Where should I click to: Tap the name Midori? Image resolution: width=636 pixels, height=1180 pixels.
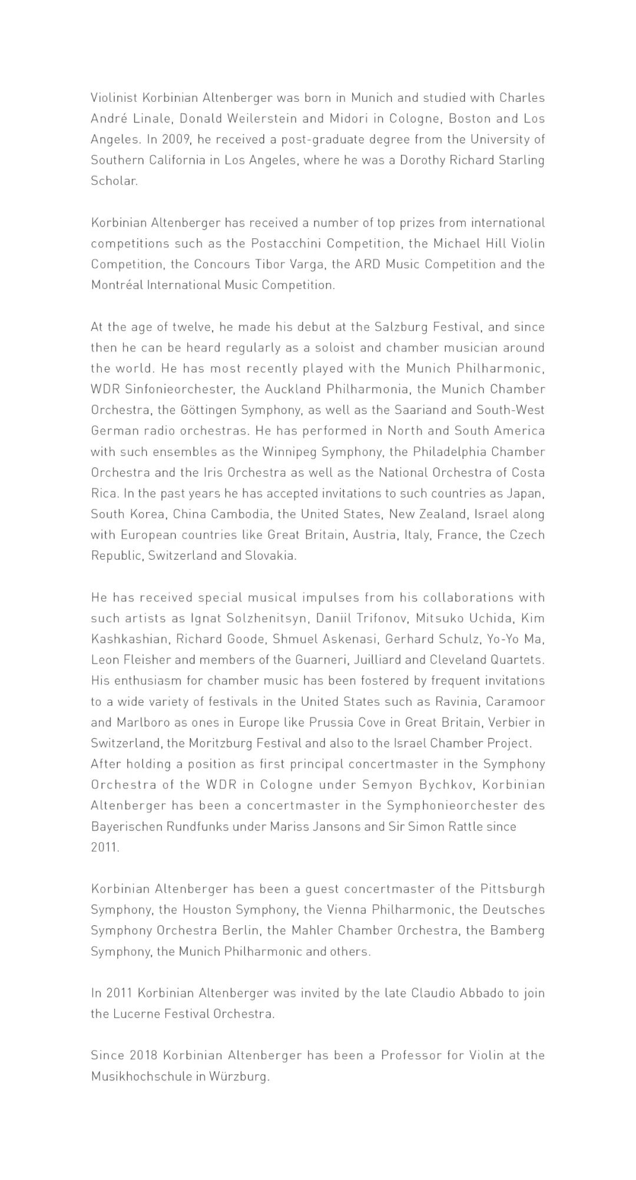pyautogui.click(x=349, y=118)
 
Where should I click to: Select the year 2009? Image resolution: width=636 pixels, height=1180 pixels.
pyautogui.click(x=177, y=139)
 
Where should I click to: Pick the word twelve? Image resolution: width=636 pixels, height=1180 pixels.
pyautogui.click(x=191, y=327)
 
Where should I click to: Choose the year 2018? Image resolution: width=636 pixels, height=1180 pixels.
pyautogui.click(x=144, y=1056)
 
